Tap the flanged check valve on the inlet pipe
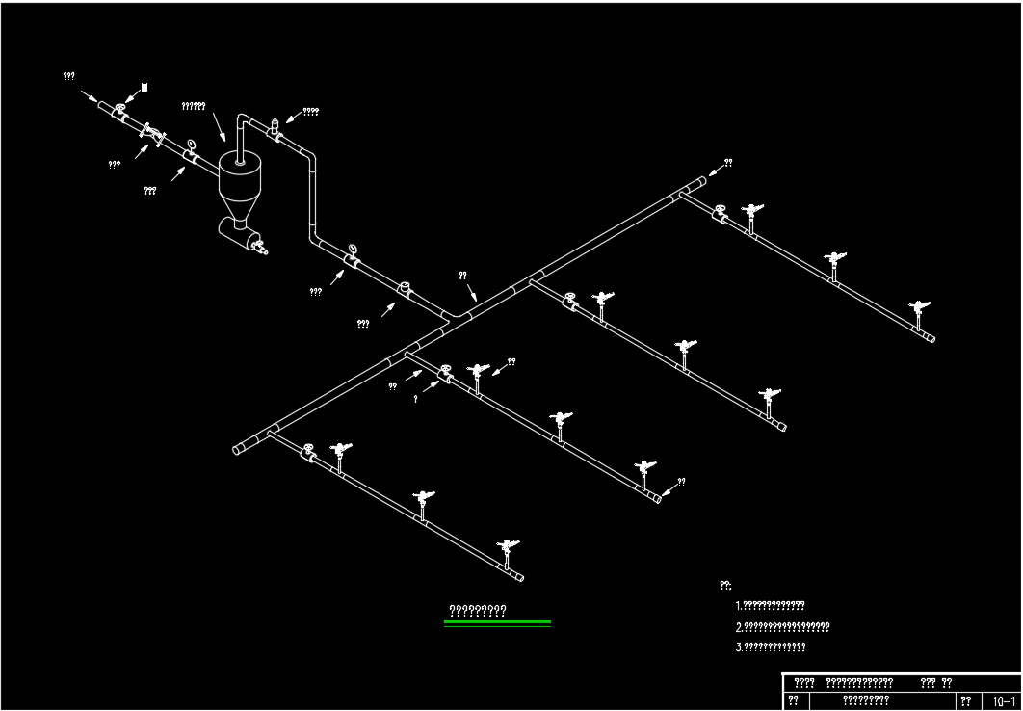(152, 134)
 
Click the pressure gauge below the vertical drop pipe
(353, 253)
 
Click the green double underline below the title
(497, 624)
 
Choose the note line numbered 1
(770, 606)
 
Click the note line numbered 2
(782, 627)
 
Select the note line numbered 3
(771, 647)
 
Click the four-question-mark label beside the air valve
(311, 112)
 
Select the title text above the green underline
(478, 610)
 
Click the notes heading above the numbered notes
(725, 585)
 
